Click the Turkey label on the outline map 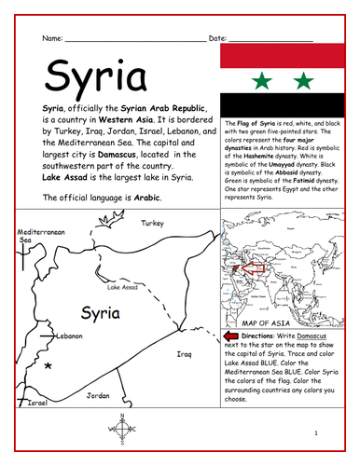coord(151,224)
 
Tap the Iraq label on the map coord(185,354)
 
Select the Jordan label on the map coord(97,395)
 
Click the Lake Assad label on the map coord(122,287)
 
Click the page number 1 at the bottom coord(315,434)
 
